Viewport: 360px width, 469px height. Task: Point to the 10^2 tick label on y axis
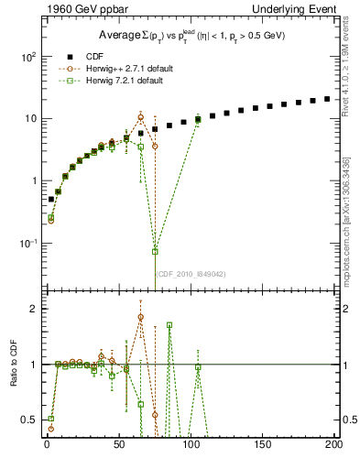pos(28,56)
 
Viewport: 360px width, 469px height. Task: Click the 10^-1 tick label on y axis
pos(28,243)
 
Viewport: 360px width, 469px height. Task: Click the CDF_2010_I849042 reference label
pos(190,273)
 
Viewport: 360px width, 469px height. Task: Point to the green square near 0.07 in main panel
pos(155,251)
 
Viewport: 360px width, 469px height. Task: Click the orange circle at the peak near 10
pos(141,117)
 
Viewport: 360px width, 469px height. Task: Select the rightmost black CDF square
pos(327,98)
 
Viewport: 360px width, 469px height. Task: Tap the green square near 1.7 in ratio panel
pos(169,325)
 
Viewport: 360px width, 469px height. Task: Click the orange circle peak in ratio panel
pos(141,317)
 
